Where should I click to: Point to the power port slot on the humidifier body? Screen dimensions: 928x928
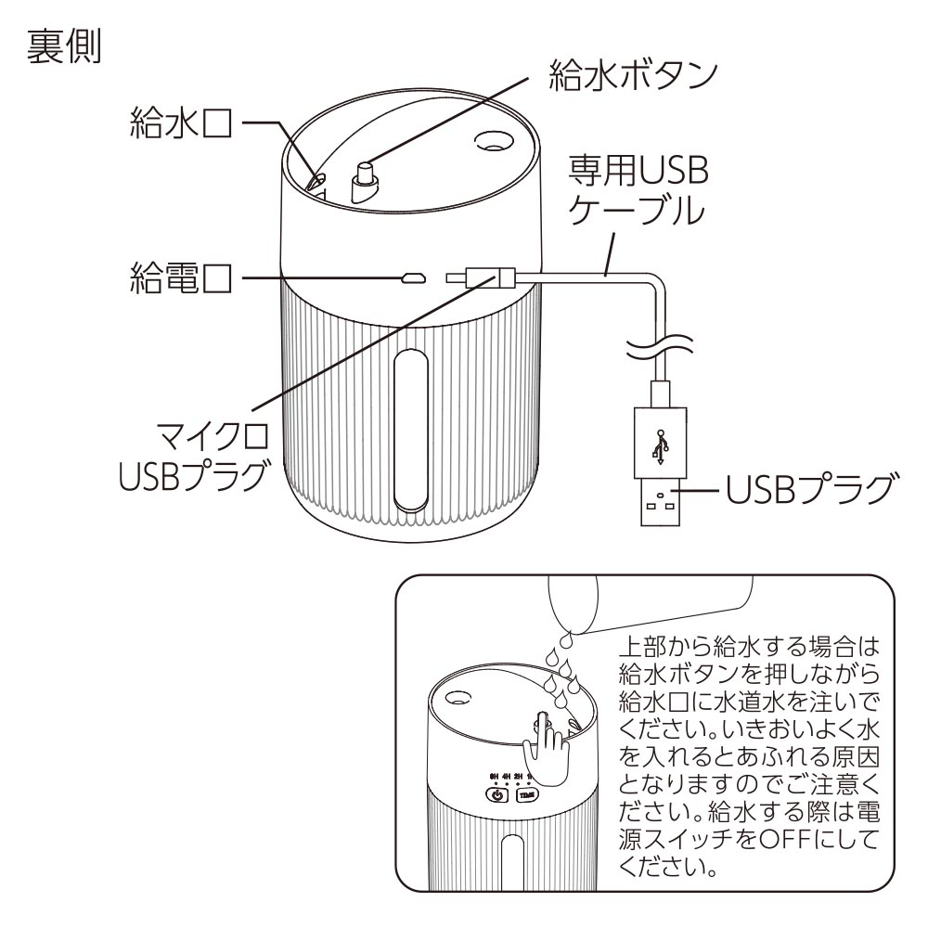412,277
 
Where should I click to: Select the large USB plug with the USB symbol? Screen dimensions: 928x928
661,465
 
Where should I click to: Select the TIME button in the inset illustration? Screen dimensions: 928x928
528,794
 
